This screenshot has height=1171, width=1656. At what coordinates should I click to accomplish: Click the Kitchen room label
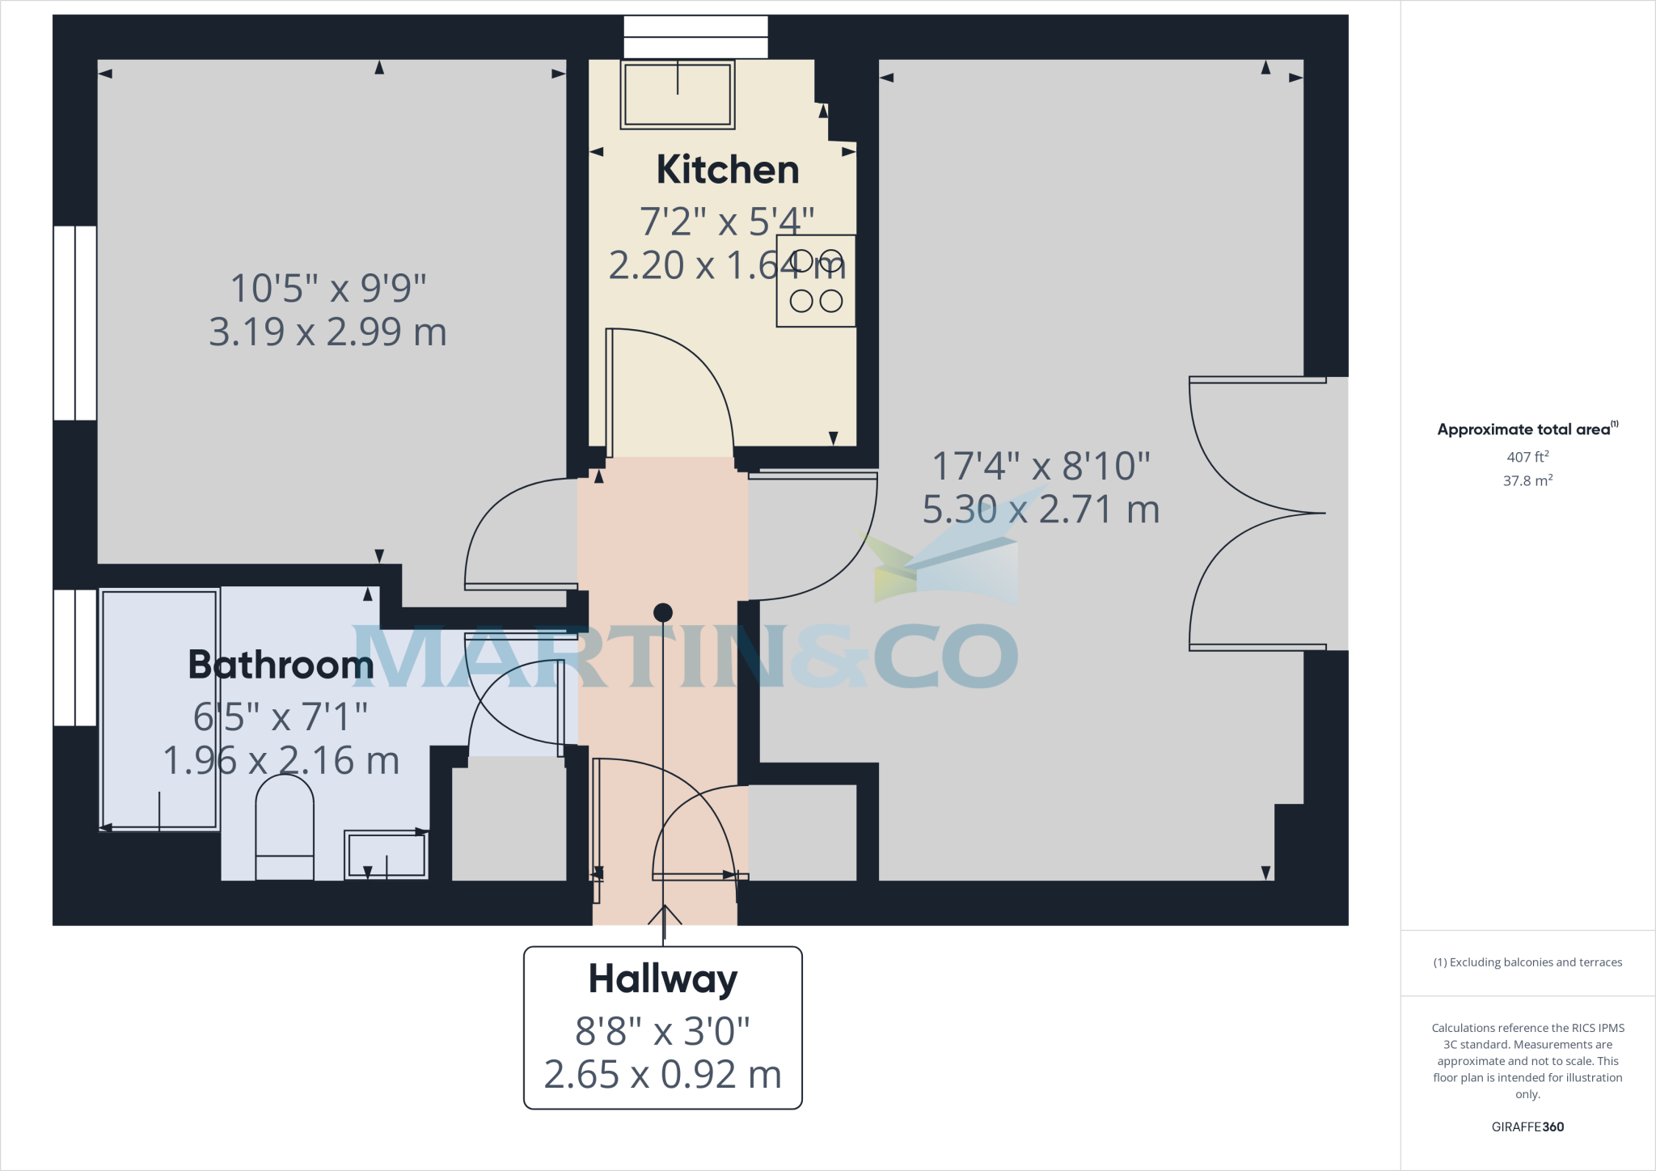click(x=727, y=170)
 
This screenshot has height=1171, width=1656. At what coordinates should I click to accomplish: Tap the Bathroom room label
click(x=281, y=665)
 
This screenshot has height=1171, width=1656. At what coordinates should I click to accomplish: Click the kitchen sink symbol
click(x=678, y=95)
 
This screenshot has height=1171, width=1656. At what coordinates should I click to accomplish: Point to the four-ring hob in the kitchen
click(x=816, y=281)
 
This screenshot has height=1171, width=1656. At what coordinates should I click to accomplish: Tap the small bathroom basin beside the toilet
click(x=386, y=854)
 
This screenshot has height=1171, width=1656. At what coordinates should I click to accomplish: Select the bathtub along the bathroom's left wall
click(x=160, y=710)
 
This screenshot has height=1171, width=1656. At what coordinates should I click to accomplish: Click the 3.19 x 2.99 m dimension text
click(x=327, y=332)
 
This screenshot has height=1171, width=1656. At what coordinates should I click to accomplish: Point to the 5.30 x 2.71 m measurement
click(x=1041, y=510)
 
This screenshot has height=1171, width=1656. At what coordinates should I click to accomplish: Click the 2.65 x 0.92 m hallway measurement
click(x=662, y=1075)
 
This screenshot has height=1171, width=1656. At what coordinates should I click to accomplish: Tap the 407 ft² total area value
click(x=1527, y=457)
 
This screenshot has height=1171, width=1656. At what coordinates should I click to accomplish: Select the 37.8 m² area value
click(x=1527, y=480)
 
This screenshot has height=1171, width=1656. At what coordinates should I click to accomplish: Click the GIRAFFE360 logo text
click(x=1527, y=1127)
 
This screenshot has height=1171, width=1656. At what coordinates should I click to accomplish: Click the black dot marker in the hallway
click(x=662, y=612)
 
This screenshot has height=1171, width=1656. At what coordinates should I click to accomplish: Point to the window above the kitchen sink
click(x=695, y=37)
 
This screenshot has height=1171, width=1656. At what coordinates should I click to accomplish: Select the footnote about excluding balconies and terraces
click(x=1527, y=962)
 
